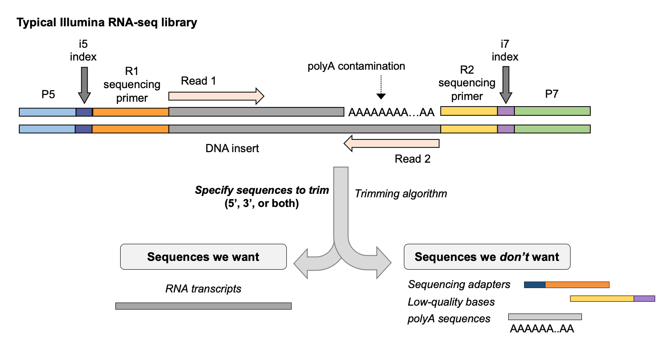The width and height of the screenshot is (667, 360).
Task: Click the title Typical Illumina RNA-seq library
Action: tap(107, 22)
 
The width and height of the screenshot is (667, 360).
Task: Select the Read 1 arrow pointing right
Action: tap(216, 96)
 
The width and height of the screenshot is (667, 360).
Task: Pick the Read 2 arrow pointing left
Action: tap(392, 143)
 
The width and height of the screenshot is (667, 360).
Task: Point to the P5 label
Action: tap(48, 94)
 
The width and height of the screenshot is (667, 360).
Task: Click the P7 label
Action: tap(551, 94)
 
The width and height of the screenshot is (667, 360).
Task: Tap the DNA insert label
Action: tap(232, 148)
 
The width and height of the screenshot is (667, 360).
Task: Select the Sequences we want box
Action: tap(203, 257)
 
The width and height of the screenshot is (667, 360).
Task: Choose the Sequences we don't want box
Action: tap(487, 257)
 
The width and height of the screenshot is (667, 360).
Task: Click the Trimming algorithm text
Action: tap(401, 193)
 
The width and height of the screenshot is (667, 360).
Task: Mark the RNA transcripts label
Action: tap(203, 289)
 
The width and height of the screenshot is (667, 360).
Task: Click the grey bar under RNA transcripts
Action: tap(203, 306)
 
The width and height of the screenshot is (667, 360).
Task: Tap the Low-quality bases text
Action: tap(451, 302)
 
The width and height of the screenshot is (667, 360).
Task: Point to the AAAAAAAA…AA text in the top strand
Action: tap(391, 112)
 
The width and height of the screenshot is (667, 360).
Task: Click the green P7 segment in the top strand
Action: tap(552, 111)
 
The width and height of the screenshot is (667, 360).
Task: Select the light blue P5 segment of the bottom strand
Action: tap(47, 129)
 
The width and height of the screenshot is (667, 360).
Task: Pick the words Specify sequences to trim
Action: tap(262, 190)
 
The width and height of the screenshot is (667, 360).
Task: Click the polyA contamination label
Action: tap(356, 66)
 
